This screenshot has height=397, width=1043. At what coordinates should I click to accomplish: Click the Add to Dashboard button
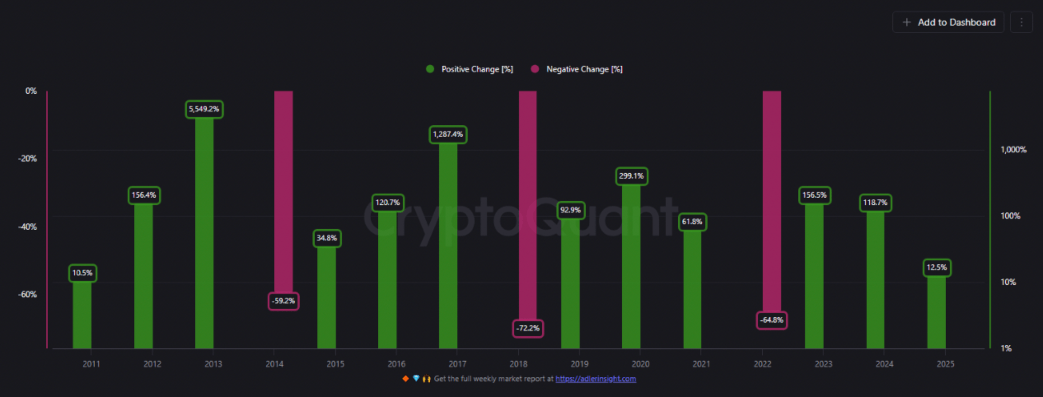coord(948,22)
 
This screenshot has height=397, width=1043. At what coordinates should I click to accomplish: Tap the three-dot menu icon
coord(1021,22)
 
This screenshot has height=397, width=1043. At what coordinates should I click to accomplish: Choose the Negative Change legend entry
coord(577,69)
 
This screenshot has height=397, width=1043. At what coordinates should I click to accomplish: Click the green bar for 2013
coord(204,231)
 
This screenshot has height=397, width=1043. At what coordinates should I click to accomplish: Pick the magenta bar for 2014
coord(283,189)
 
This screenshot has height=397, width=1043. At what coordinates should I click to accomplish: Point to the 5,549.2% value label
coord(204,109)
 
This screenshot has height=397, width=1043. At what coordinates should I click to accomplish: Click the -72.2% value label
coord(528,328)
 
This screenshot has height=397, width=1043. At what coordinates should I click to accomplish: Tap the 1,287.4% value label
coord(448,134)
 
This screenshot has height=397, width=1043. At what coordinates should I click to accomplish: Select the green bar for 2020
coord(631,264)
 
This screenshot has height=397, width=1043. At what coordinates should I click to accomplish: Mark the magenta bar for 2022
coord(772,198)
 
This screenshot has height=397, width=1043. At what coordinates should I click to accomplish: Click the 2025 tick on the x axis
coord(945,364)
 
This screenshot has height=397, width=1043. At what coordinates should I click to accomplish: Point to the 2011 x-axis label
coord(91,364)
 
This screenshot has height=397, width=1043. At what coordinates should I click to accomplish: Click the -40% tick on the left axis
coord(27,227)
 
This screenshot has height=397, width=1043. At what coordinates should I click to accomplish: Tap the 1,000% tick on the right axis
coord(1013,149)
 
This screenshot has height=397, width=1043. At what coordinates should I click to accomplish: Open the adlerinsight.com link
coord(595,379)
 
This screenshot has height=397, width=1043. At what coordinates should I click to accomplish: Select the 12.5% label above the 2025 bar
coord(937,268)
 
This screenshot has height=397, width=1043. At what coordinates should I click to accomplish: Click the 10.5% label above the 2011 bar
coord(82,273)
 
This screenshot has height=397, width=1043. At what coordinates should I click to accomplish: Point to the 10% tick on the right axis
coord(1008,282)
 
